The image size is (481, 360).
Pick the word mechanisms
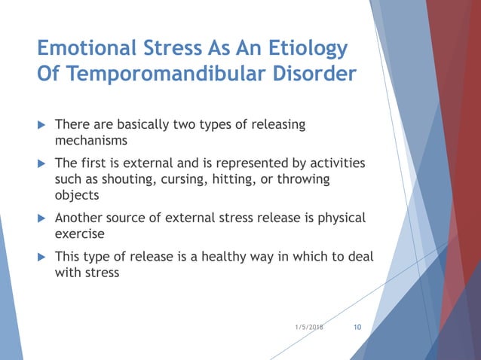click(x=90, y=140)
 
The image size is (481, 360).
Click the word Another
click(x=79, y=218)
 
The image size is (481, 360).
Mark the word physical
click(x=340, y=218)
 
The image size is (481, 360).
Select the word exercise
click(x=80, y=234)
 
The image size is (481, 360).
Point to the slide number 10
click(x=357, y=328)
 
